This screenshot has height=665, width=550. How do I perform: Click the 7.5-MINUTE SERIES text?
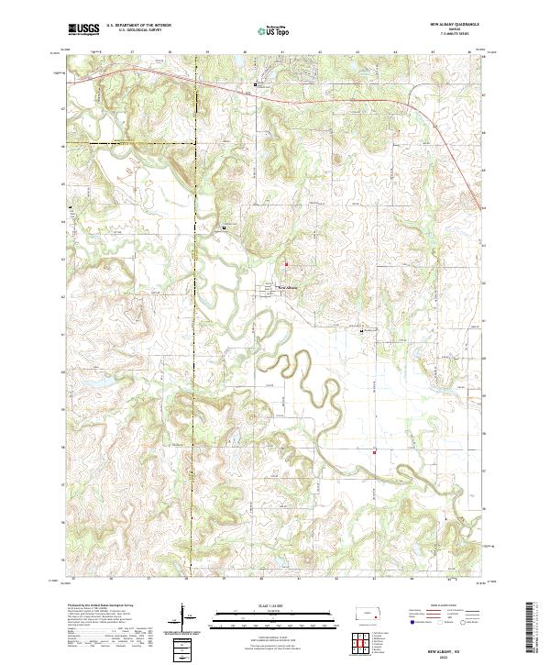454,36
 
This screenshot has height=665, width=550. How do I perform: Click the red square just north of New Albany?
285,265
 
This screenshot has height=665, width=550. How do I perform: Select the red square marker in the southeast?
375,449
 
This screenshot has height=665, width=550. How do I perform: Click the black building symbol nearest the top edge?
255,84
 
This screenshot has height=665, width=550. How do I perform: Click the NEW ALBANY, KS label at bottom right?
456,648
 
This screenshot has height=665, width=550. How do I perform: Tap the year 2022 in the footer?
456,655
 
